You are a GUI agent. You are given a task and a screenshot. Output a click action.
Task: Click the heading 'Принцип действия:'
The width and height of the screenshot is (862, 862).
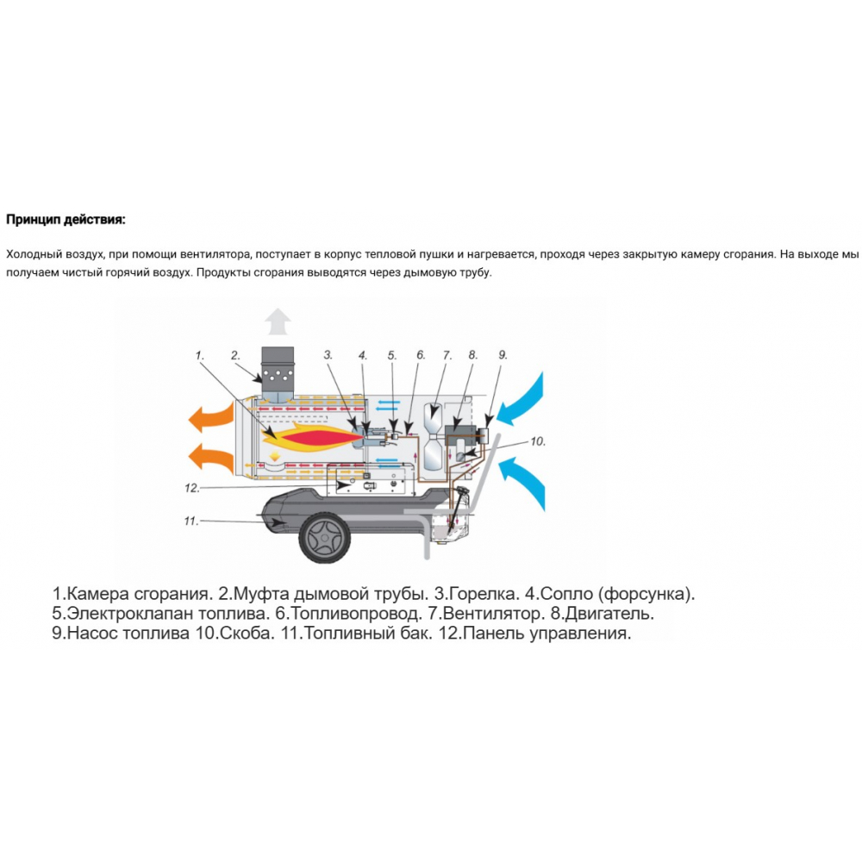click(66, 220)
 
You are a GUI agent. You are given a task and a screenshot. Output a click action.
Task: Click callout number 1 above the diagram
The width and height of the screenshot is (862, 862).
click(200, 356)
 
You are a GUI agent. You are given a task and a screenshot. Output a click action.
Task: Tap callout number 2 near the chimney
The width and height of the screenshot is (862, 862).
click(235, 355)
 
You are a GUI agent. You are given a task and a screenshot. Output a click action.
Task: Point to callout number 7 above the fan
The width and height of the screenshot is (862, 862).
click(447, 356)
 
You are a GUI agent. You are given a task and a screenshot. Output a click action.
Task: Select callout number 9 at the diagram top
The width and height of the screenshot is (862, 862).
click(503, 355)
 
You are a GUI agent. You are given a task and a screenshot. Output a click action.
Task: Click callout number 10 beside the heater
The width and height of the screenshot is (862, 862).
click(538, 440)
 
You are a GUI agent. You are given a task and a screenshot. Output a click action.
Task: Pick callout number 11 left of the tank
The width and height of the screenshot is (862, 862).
click(191, 521)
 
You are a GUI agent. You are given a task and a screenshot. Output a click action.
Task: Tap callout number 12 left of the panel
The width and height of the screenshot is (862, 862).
click(192, 488)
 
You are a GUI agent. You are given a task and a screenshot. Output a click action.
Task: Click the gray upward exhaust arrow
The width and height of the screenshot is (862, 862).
click(278, 321)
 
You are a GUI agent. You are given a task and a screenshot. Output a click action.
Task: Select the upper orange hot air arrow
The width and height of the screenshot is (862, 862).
click(211, 417)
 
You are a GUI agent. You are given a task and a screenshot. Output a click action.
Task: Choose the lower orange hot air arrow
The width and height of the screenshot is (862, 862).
click(211, 459)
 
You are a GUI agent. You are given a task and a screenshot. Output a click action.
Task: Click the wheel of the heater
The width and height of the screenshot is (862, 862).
click(325, 537)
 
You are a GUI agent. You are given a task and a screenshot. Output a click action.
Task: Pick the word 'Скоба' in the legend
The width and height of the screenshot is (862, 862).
click(247, 633)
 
